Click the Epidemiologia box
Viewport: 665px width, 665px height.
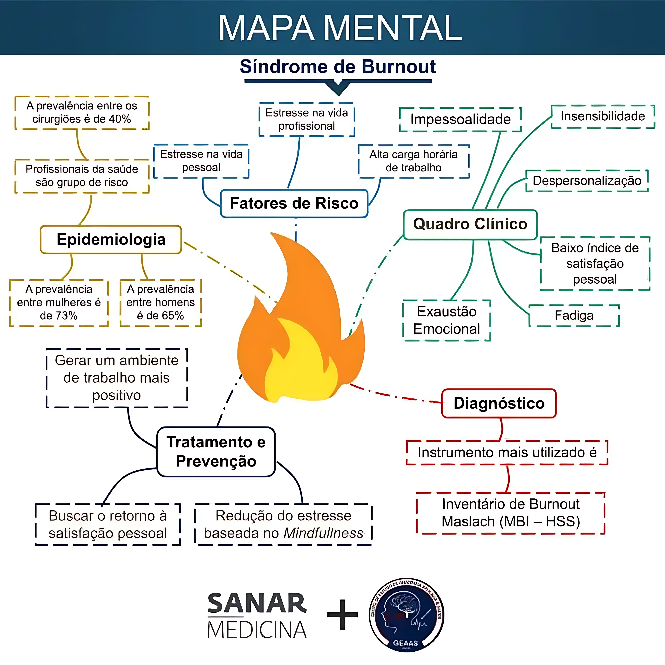(x=111, y=240)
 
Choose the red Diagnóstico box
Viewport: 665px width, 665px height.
(x=499, y=403)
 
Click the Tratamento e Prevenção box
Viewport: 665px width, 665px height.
(x=216, y=452)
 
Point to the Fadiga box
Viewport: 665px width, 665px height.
(x=574, y=316)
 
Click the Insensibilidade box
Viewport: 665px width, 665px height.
(x=603, y=116)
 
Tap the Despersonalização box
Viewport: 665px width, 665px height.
(x=587, y=181)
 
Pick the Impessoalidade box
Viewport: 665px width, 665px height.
(x=460, y=119)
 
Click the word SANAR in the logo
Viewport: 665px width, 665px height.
(x=257, y=603)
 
